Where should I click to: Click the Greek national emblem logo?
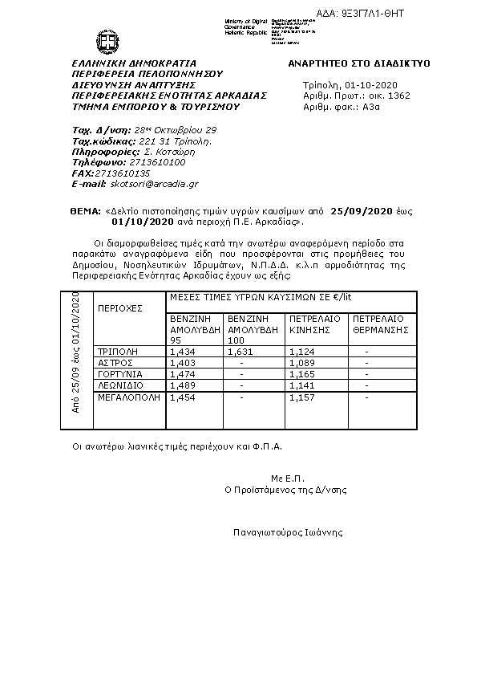[x=107, y=39]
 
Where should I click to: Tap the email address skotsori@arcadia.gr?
[x=150, y=184]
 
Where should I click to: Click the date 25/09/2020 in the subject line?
[x=362, y=210]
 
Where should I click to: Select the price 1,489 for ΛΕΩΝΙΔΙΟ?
[x=181, y=385]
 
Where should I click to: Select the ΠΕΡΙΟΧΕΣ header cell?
[x=119, y=307]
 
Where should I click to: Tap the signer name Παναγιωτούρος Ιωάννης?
[x=288, y=531]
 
